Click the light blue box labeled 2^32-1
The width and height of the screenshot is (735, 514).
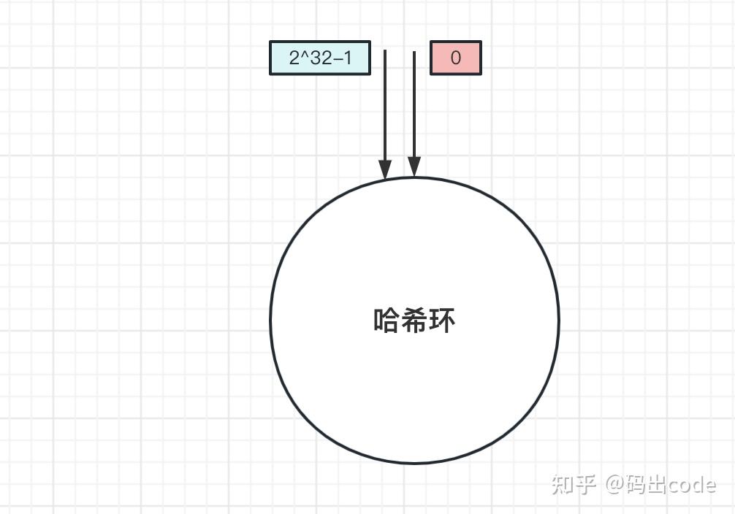320,58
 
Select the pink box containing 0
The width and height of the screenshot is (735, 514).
455,58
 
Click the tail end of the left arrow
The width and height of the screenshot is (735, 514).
385,51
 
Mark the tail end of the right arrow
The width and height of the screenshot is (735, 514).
414,52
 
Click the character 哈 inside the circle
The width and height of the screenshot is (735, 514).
386,321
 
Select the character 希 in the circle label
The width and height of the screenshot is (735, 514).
414,321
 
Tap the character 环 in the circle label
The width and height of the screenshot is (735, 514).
442,321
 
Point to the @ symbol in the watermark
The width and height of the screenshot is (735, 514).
614,484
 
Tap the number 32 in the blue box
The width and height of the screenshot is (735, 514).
321,58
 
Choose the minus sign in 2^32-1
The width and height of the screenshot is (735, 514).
337,59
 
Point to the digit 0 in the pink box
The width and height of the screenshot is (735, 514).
456,58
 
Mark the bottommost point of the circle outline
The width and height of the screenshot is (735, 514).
414,463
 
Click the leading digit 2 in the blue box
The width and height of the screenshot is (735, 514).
294,58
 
